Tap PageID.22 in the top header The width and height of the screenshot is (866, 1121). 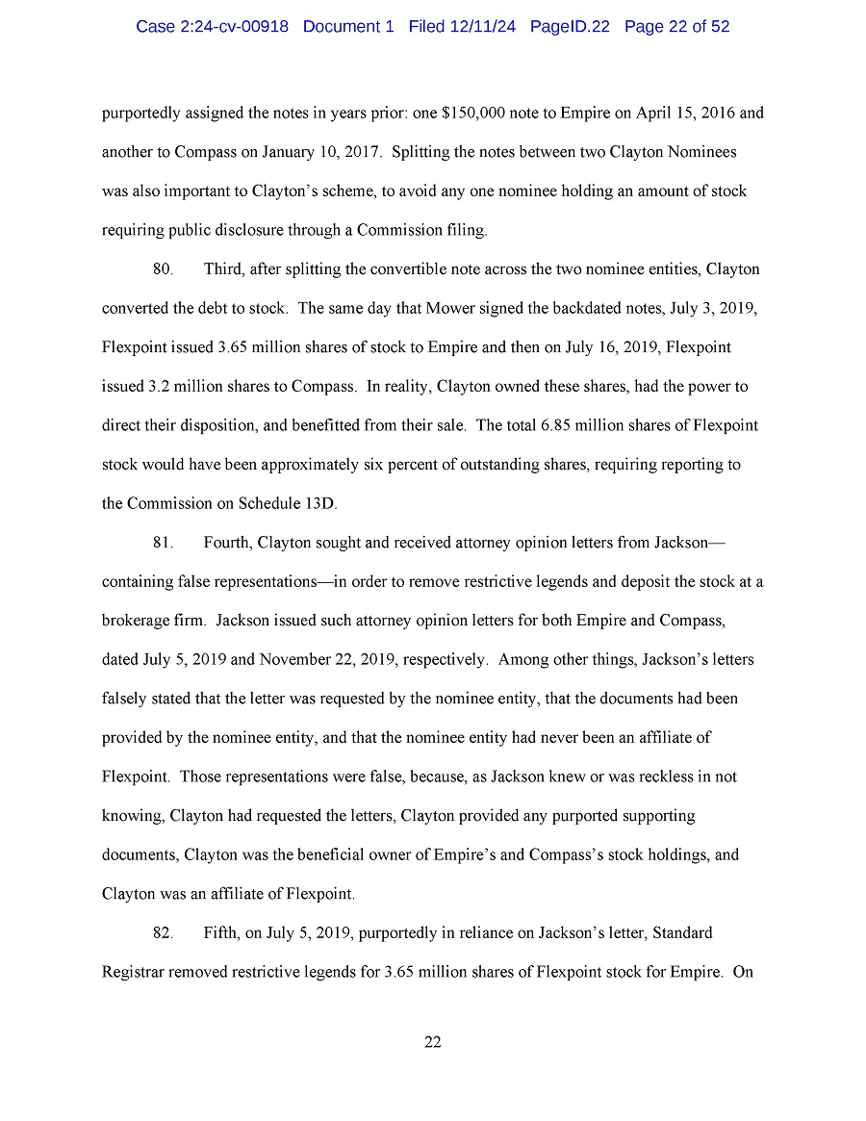click(x=570, y=27)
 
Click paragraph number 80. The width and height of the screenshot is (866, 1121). click(x=163, y=269)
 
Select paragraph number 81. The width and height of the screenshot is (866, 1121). click(x=163, y=543)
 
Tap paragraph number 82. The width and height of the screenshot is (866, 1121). click(x=163, y=932)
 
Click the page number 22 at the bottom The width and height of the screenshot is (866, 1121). click(x=432, y=1042)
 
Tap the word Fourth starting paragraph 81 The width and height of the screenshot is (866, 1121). click(x=228, y=543)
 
